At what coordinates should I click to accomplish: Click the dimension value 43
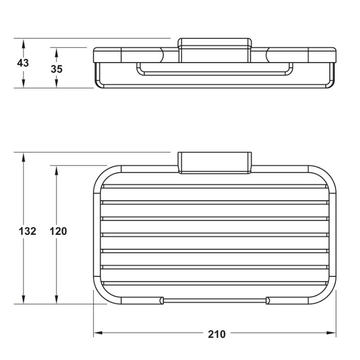pyautogui.click(x=23, y=63)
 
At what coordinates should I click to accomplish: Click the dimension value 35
pyautogui.click(x=57, y=69)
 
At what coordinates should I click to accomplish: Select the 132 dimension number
pyautogui.click(x=27, y=231)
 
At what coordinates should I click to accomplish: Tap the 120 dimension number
pyautogui.click(x=58, y=231)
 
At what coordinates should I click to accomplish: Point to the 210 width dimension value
pyautogui.click(x=217, y=334)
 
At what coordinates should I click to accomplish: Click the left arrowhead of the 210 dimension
pyautogui.click(x=98, y=333)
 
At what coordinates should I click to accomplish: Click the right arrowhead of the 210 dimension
pyautogui.click(x=331, y=333)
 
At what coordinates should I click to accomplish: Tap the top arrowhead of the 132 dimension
pyautogui.click(x=23, y=157)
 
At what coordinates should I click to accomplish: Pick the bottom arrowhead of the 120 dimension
pyautogui.click(x=57, y=299)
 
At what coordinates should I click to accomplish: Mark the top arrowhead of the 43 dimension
pyautogui.click(x=23, y=44)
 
